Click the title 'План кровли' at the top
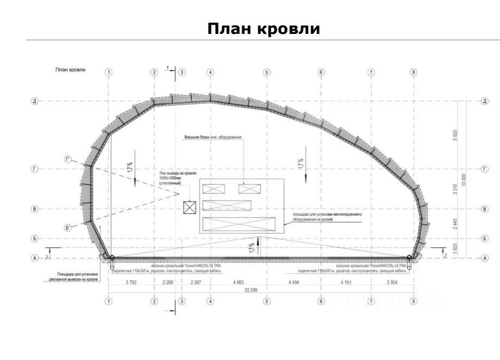tap(263, 28)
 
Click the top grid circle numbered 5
tap(267, 72)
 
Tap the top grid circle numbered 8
tap(413, 72)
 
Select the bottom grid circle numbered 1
tap(109, 300)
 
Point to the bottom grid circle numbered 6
tap(321, 300)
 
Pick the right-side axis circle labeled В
tap(485, 209)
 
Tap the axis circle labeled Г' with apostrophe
tap(68, 159)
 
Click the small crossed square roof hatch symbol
tap(189, 208)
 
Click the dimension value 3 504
tap(393, 283)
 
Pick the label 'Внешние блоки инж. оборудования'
tap(213, 138)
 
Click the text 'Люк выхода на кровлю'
tap(178, 173)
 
